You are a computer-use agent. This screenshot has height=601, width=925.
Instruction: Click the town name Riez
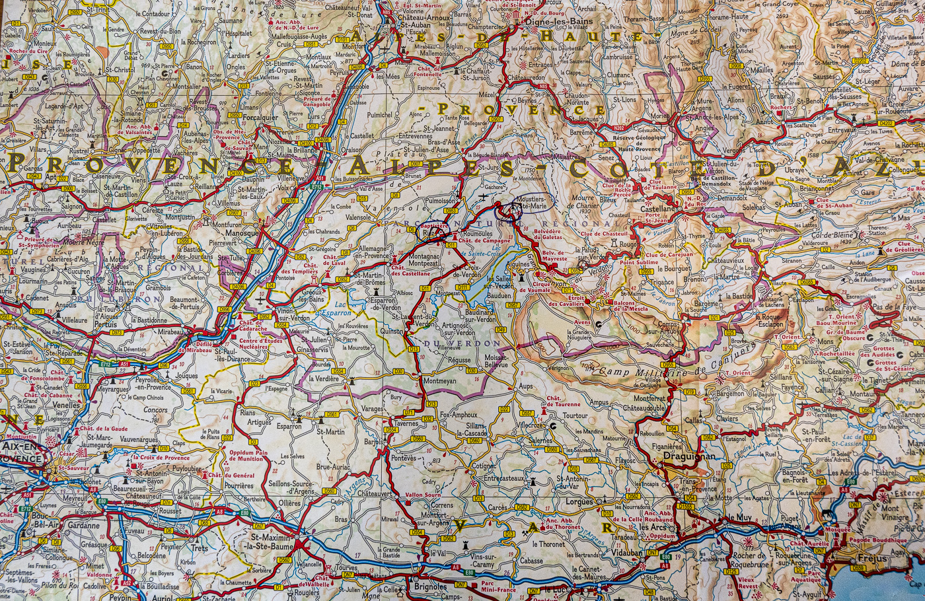coord(429,234)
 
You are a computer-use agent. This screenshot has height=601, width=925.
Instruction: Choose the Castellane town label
coord(657,209)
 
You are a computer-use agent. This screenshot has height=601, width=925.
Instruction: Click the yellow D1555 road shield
coord(685,506)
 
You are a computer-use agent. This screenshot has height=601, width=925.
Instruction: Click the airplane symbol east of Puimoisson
coord(484,196)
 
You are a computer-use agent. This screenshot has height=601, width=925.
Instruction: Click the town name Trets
coord(198,548)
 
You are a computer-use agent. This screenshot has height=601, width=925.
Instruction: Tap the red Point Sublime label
coord(639,263)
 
